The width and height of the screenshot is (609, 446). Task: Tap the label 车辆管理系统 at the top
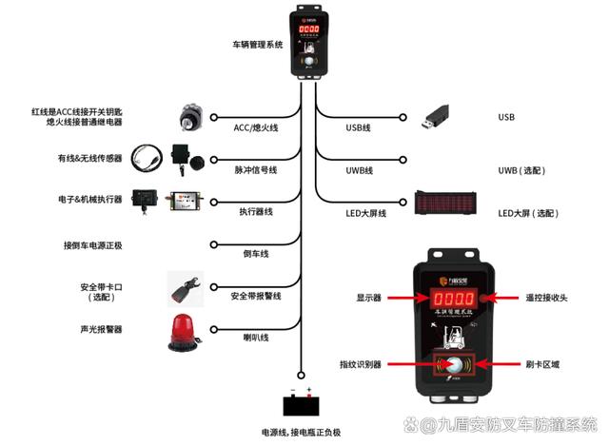pyautogui.click(x=258, y=45)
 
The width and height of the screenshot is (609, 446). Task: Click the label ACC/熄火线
pyautogui.click(x=255, y=126)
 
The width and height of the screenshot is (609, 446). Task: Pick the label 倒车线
pyautogui.click(x=257, y=254)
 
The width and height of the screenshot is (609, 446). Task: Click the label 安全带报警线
pyautogui.click(x=256, y=297)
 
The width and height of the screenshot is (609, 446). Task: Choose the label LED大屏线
pyautogui.click(x=365, y=213)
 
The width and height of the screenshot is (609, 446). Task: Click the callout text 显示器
pyautogui.click(x=368, y=298)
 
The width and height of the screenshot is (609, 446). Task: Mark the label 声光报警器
pyautogui.click(x=101, y=329)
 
